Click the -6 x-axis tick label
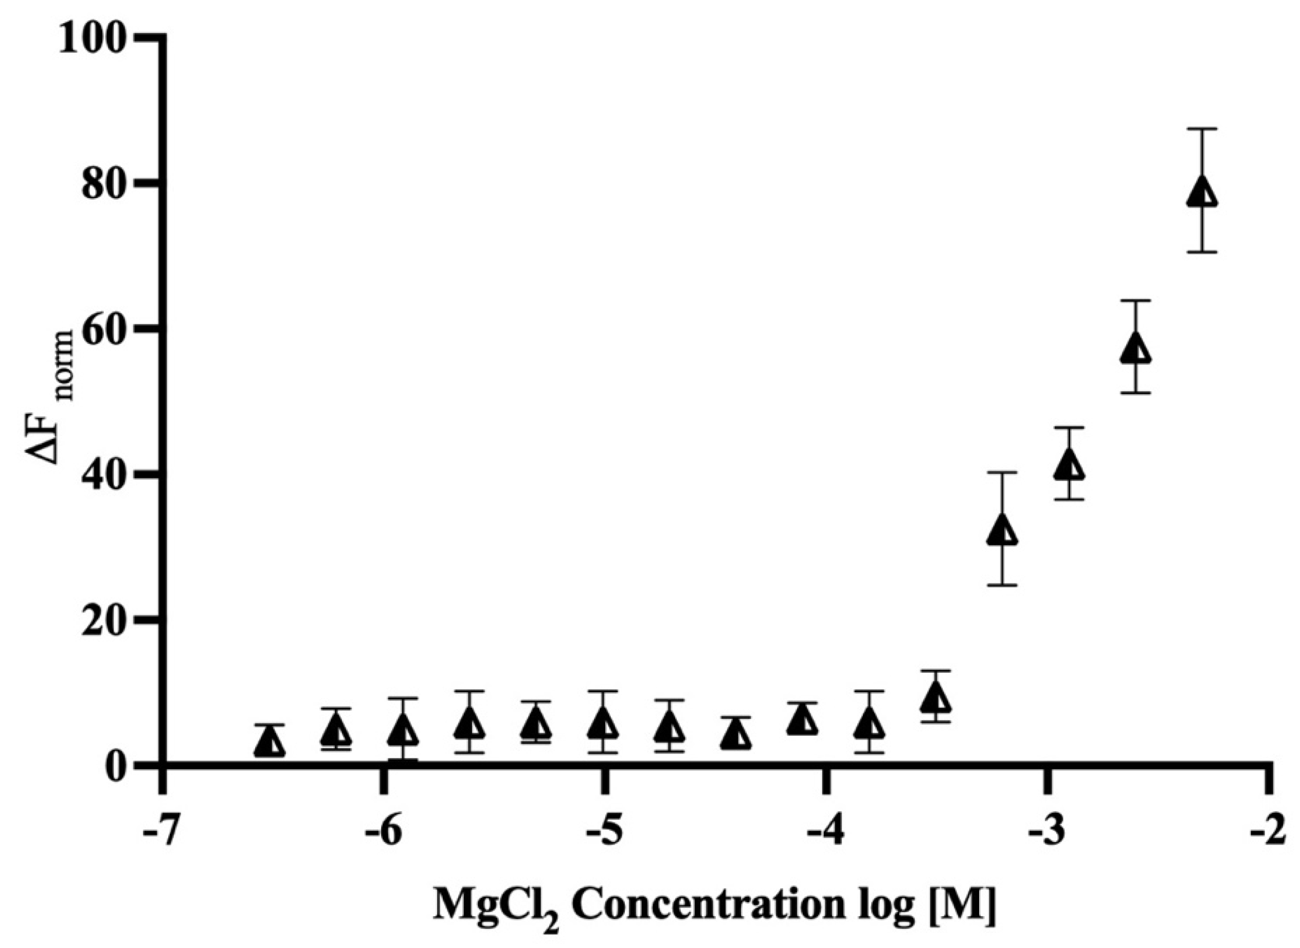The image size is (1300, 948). click(384, 834)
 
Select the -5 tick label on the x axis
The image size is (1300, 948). click(604, 834)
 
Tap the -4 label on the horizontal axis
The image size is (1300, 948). click(826, 834)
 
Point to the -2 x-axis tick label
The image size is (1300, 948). click(1270, 834)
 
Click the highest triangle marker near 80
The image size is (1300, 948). click(1201, 193)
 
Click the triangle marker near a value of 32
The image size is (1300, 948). click(1002, 530)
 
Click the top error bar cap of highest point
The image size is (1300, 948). click(1201, 129)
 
